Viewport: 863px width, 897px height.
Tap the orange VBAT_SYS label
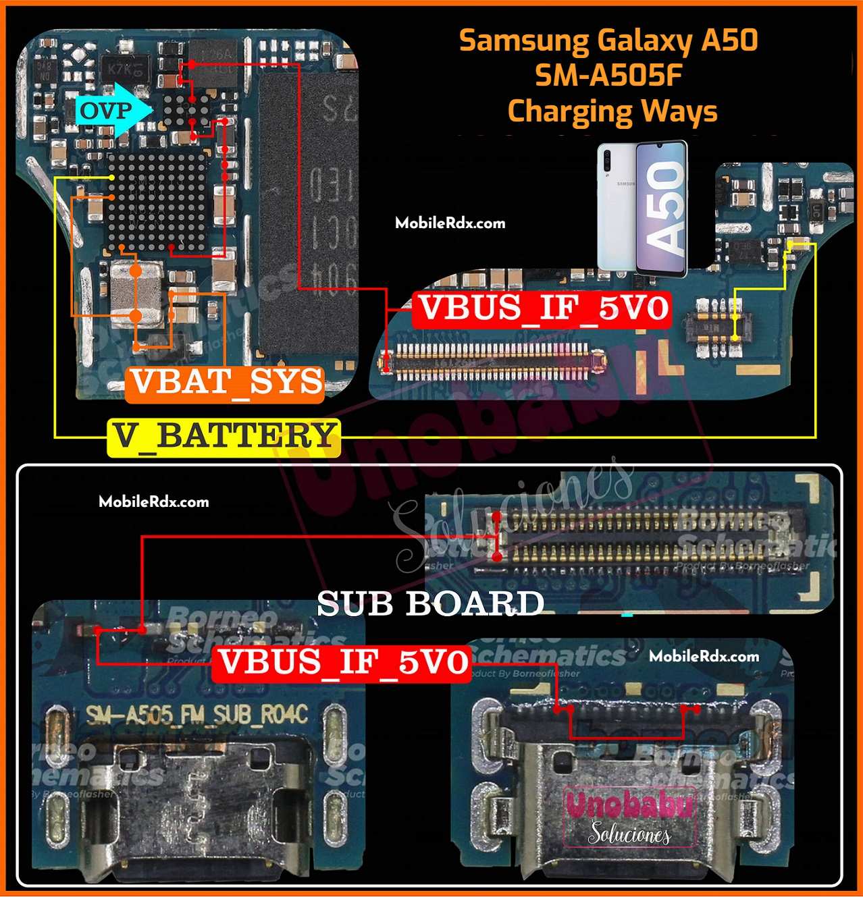click(226, 383)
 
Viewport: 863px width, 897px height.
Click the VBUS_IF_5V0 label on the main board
click(542, 308)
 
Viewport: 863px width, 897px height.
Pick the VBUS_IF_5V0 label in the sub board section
click(342, 662)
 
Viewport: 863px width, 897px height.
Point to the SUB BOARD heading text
click(430, 603)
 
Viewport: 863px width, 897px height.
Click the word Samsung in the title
click(524, 40)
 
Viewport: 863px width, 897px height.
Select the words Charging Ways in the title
click(612, 111)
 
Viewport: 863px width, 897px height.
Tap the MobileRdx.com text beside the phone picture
click(450, 223)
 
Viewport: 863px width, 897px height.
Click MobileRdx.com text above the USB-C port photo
click(704, 656)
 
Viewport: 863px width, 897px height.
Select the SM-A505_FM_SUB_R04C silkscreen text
click(197, 715)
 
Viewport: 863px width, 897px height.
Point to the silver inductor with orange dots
click(136, 294)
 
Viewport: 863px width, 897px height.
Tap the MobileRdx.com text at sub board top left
click(153, 502)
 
